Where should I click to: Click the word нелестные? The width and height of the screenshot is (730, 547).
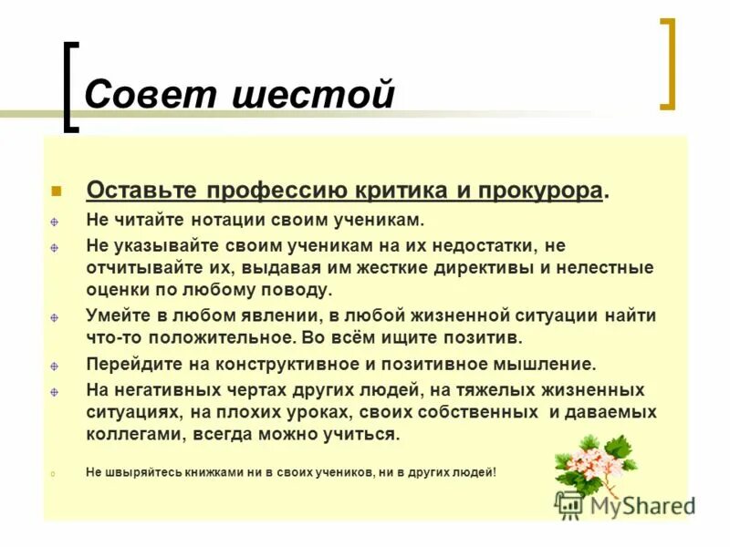[609, 268]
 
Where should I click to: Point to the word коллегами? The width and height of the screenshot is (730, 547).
[128, 435]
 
